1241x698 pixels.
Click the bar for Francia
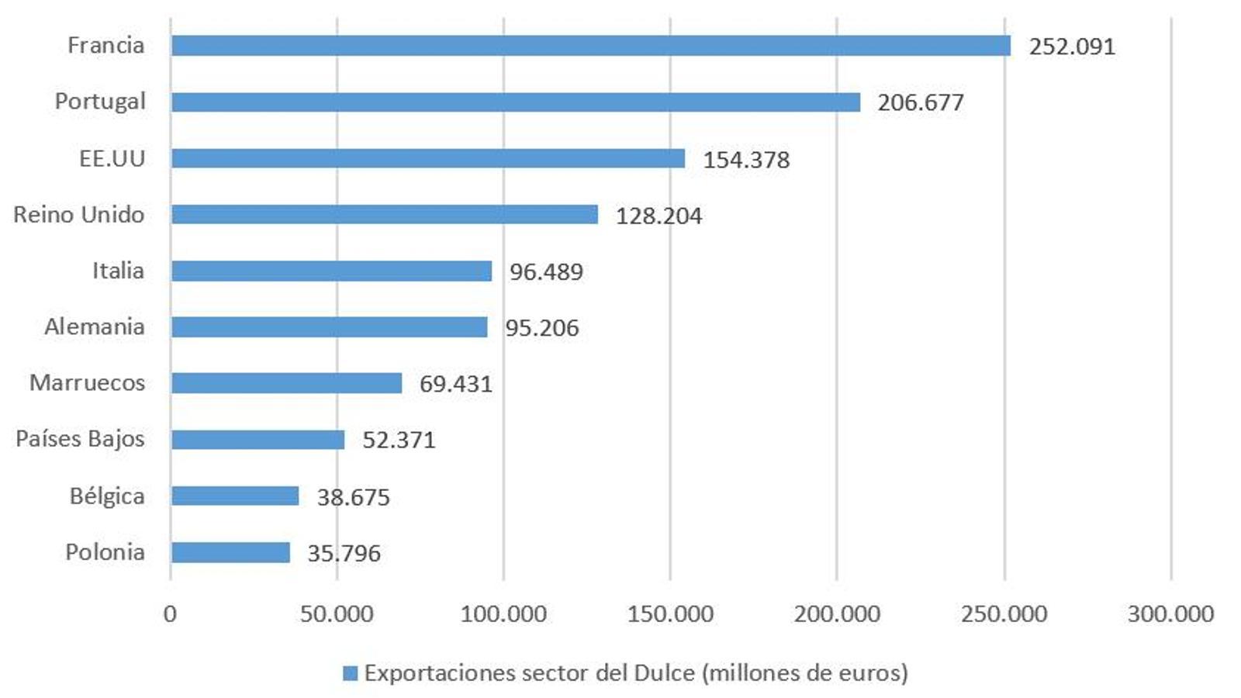590,46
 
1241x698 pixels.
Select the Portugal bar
515,102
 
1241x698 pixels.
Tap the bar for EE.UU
427,158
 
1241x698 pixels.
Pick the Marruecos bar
286,383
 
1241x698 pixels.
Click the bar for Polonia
230,552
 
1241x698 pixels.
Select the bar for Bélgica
234,496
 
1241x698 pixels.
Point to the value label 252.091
1072,47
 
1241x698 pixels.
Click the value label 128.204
659,216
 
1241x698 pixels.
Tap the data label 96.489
546,271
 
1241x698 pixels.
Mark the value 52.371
399,440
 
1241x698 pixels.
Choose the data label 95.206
541,328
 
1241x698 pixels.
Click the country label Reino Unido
79,214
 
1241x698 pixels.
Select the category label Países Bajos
80,439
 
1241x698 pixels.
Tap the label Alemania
94,327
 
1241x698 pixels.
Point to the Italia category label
118,271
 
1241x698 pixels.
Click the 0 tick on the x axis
170,614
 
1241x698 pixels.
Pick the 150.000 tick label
670,614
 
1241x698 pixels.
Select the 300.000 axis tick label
1170,614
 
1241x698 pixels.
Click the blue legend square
351,673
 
